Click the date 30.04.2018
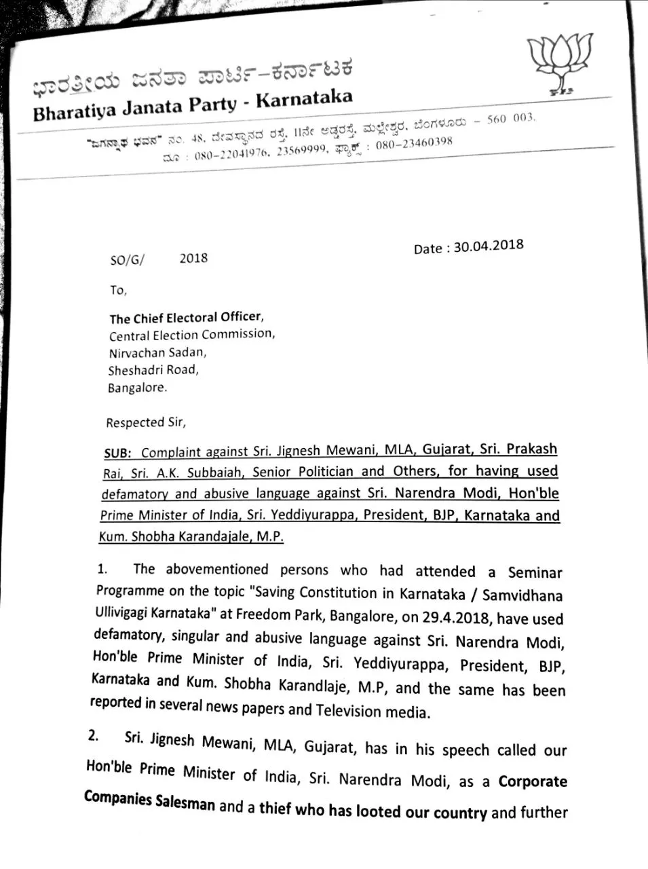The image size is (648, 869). pyautogui.click(x=489, y=246)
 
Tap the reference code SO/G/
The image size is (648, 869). pyautogui.click(x=127, y=259)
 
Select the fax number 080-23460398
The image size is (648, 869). pyautogui.click(x=413, y=144)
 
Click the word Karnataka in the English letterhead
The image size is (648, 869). pyautogui.click(x=305, y=99)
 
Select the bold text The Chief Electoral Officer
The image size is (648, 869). pyautogui.click(x=185, y=317)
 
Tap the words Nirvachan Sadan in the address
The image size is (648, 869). pyautogui.click(x=157, y=352)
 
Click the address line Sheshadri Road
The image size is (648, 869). pyautogui.click(x=153, y=370)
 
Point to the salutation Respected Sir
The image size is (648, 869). pyautogui.click(x=145, y=422)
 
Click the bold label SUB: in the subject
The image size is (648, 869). pyautogui.click(x=119, y=452)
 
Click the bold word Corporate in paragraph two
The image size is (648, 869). pyautogui.click(x=533, y=781)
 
